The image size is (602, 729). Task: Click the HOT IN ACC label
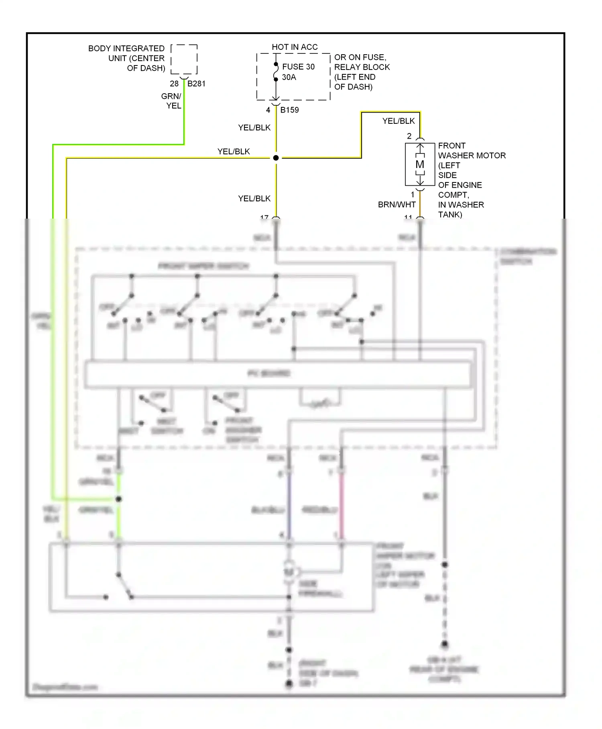pos(295,47)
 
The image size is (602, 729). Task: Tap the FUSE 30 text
pos(298,67)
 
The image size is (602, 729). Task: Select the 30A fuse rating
pos(289,77)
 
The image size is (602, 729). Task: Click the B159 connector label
pos(289,110)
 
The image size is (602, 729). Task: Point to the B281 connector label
pos(196,84)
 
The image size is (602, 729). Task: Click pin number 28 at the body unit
pos(174,84)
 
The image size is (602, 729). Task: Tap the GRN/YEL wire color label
pos(171,101)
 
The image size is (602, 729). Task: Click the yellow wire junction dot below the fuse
pos(276,158)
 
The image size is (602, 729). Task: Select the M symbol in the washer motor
pos(420,164)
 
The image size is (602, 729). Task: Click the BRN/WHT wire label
pos(397,205)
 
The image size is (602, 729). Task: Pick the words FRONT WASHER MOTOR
pos(471,151)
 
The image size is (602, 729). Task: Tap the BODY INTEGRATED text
pos(126,49)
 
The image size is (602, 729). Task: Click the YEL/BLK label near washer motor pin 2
pos(398,121)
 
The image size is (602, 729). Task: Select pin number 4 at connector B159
pos(268,110)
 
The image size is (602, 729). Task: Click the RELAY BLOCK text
pos(362,67)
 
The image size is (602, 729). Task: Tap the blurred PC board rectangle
pos(277,374)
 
